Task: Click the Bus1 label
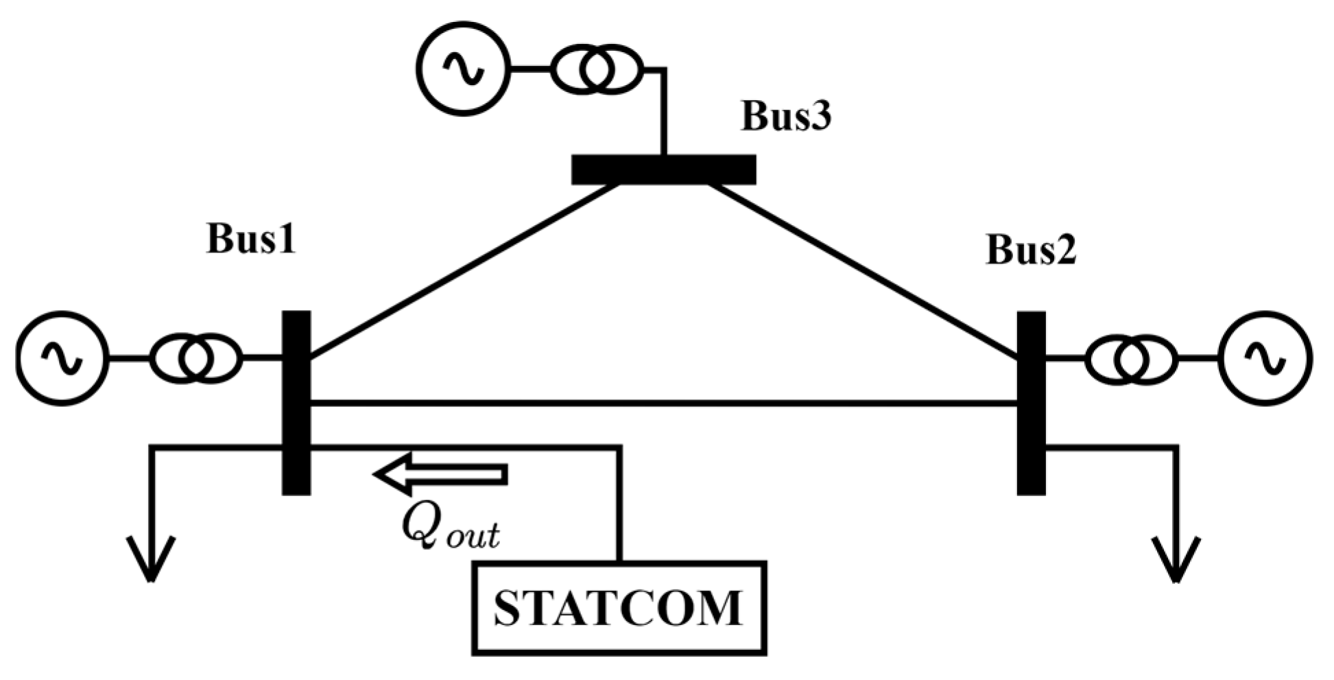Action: point(251,240)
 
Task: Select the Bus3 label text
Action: point(786,116)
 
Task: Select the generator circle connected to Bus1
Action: point(62,358)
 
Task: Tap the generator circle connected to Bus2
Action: point(1265,358)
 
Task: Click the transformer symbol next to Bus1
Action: point(195,358)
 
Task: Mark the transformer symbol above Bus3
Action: point(597,68)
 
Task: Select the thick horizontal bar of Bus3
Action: point(664,169)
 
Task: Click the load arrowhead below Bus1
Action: point(151,559)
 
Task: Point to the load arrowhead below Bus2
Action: point(1177,559)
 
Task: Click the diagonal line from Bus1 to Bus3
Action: point(463,271)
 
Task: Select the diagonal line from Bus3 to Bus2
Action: point(864,271)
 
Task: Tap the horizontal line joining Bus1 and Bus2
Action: point(664,403)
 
